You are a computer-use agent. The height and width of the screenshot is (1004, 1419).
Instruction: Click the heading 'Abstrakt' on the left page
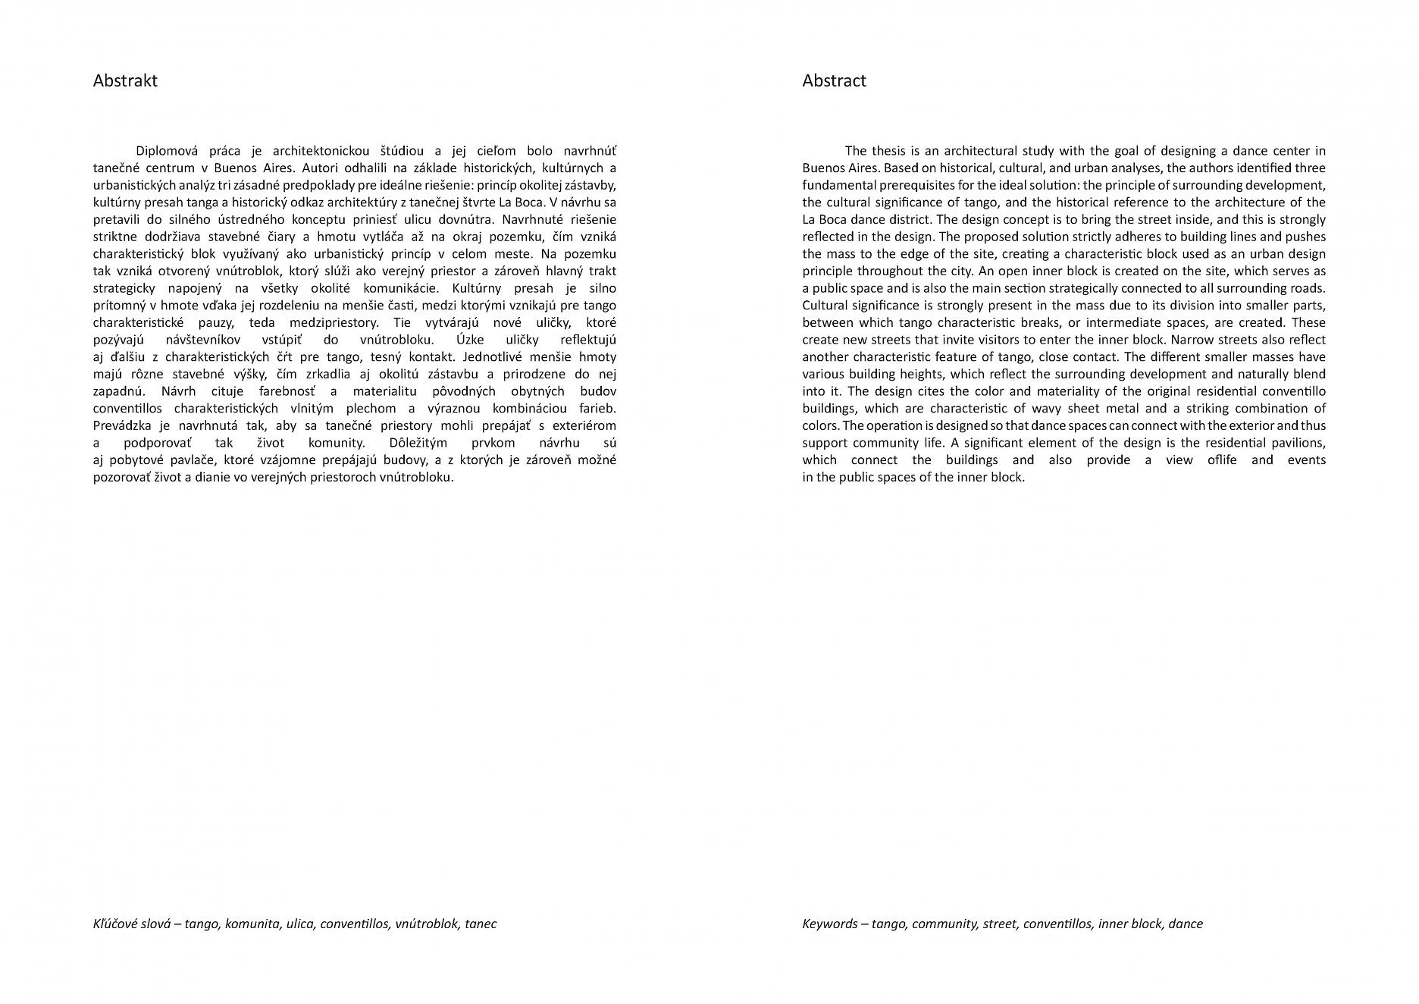point(125,81)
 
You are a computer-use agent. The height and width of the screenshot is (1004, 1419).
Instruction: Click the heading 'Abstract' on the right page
point(834,81)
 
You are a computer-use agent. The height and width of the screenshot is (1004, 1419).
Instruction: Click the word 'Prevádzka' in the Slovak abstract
point(120,425)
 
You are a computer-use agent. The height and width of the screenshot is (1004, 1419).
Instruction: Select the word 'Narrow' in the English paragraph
point(1192,340)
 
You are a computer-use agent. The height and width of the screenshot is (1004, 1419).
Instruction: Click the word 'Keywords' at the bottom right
point(830,924)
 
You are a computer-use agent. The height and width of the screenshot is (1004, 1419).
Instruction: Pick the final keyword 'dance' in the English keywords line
point(1186,924)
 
